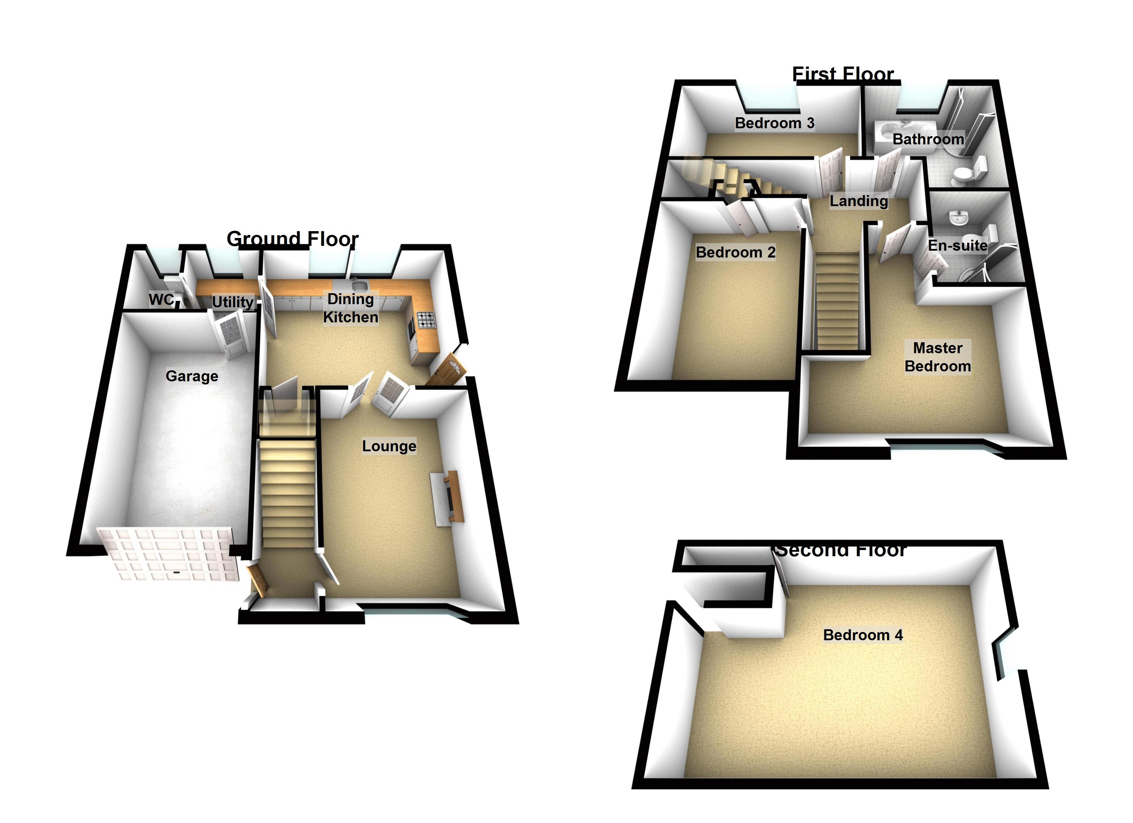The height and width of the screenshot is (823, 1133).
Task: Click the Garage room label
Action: coord(192,376)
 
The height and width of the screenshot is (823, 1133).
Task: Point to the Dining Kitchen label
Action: coord(350,308)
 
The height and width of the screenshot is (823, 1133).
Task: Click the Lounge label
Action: coord(389,446)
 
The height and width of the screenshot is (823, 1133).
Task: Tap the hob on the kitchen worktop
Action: coord(426,320)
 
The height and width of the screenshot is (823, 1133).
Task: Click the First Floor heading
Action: coord(843,74)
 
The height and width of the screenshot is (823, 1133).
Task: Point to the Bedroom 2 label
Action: coord(735,252)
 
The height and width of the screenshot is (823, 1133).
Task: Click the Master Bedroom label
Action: coord(938,357)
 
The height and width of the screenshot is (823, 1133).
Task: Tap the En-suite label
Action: coord(957,245)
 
